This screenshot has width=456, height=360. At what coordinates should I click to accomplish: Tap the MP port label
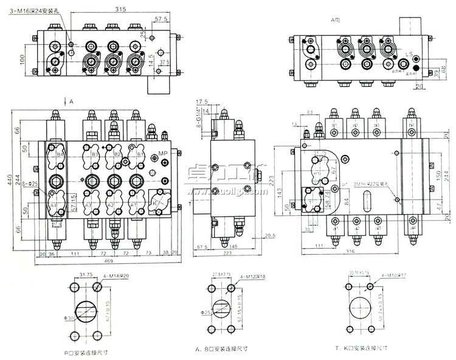162,152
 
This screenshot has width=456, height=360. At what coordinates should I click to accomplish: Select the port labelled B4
60,155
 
